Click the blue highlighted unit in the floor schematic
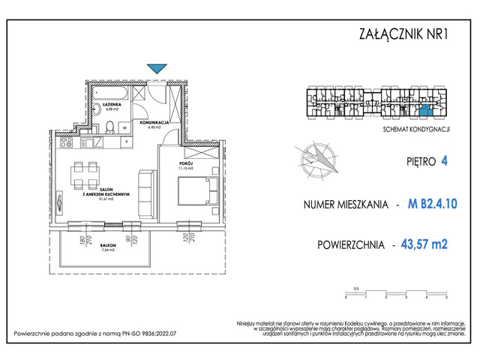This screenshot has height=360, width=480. [x=425, y=112]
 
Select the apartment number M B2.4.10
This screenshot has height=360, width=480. [x=433, y=202]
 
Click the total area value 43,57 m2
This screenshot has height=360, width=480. [x=430, y=243]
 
